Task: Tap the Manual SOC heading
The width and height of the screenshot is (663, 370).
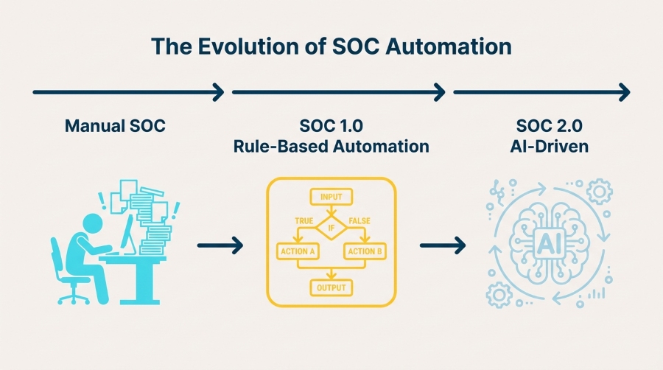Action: (x=115, y=126)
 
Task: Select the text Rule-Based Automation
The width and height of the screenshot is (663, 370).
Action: (x=331, y=146)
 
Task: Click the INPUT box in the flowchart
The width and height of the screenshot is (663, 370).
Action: (x=331, y=197)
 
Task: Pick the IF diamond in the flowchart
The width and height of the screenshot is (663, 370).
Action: (x=331, y=227)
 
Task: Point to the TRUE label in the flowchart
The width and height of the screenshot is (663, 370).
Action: (x=304, y=220)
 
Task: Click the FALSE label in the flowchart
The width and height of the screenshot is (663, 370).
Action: (x=359, y=220)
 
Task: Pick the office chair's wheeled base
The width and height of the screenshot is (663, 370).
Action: (x=71, y=296)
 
